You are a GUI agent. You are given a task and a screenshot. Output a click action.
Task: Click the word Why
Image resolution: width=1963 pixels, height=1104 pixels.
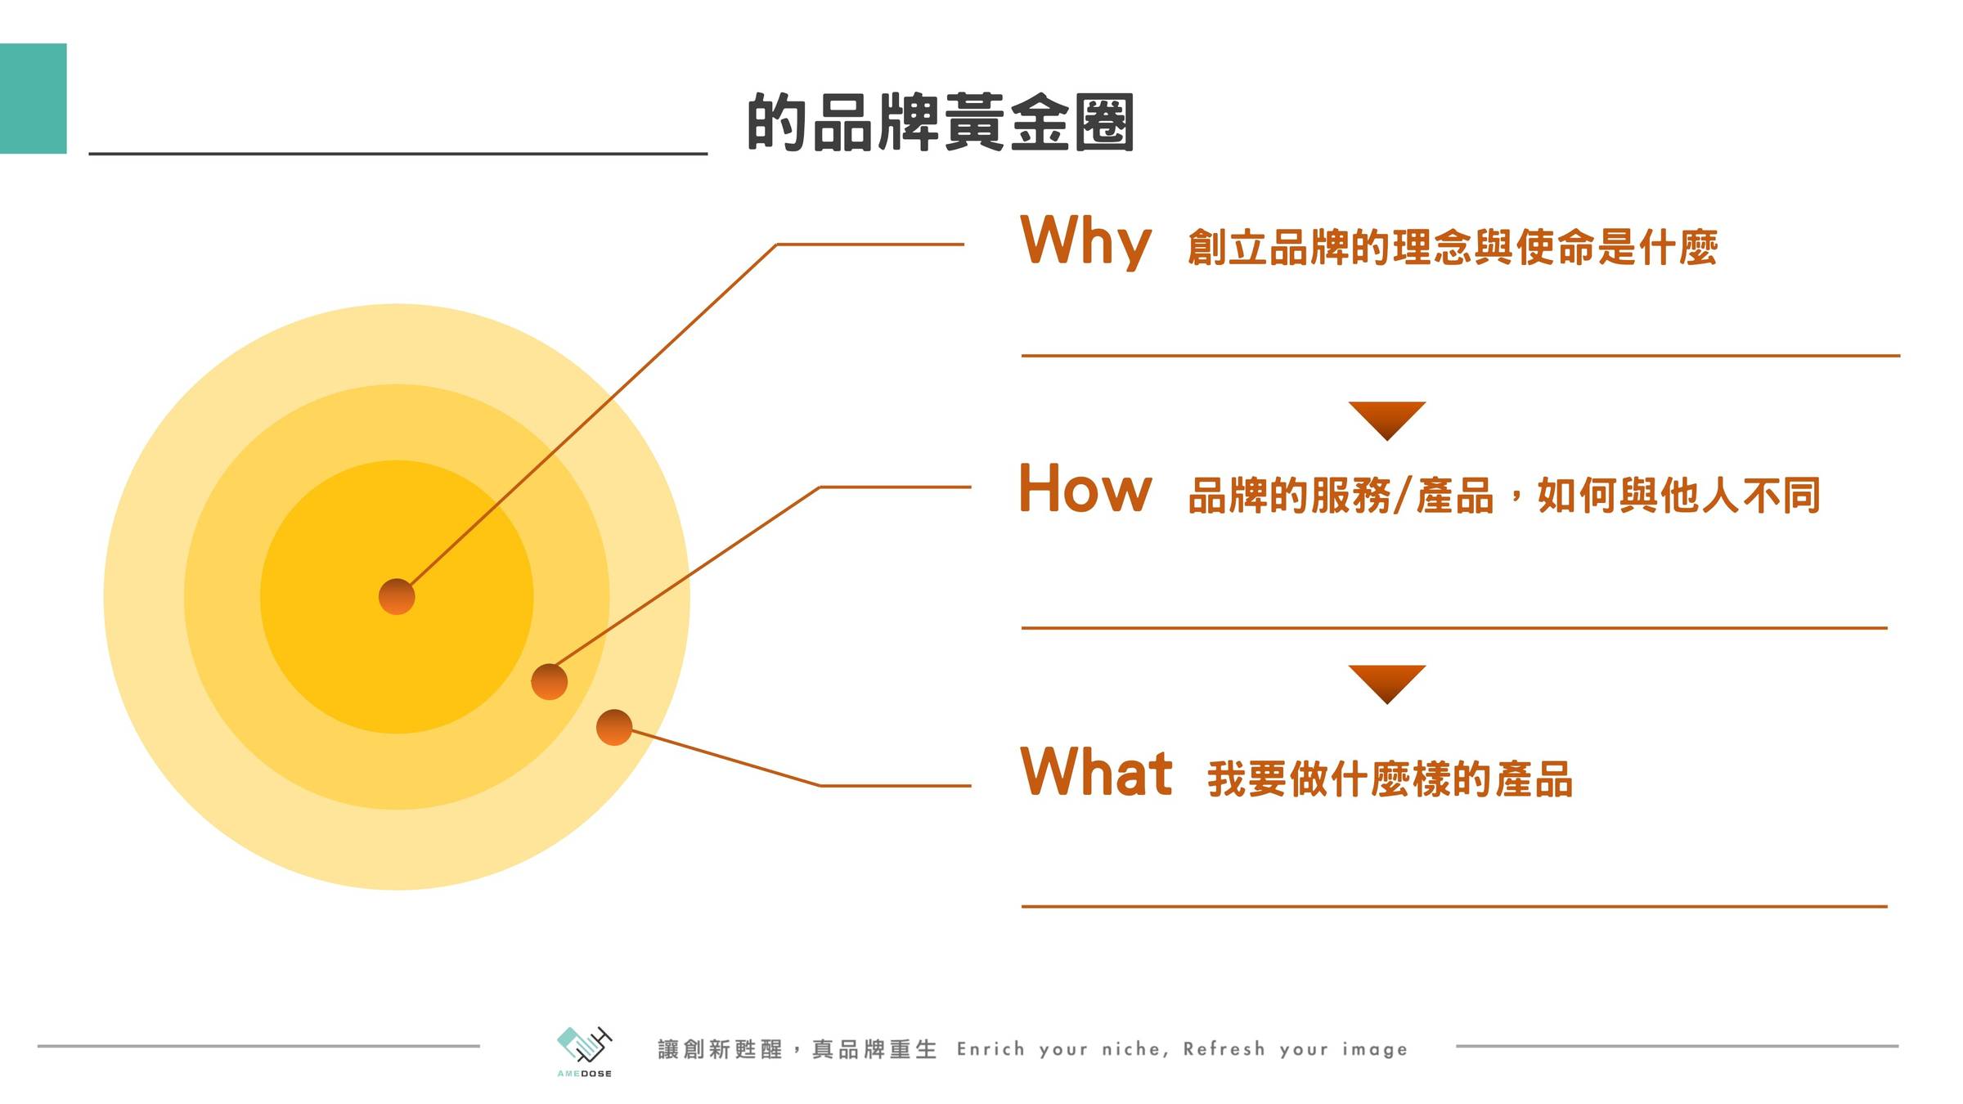[x=1085, y=241]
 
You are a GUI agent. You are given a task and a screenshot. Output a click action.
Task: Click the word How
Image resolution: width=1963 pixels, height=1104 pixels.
[x=1085, y=488]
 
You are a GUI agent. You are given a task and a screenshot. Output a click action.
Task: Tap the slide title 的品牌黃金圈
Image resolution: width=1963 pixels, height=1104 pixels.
[x=941, y=122]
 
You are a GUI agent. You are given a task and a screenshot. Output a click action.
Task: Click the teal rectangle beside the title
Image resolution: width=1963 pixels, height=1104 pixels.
[x=33, y=98]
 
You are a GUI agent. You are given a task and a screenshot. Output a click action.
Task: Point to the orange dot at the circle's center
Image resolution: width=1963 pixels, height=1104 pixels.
[x=397, y=596]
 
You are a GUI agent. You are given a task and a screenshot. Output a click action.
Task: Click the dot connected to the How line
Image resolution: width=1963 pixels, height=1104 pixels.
[x=550, y=681]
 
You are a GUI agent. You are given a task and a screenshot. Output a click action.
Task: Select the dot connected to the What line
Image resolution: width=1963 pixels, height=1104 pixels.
[x=614, y=727]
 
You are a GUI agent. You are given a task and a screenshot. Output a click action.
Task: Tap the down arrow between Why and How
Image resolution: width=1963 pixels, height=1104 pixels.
[x=1387, y=420]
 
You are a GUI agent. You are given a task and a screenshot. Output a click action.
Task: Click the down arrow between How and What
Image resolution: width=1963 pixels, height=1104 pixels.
[x=1387, y=684]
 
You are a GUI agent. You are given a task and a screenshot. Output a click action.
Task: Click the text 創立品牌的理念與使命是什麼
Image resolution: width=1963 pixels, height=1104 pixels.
[x=1453, y=248]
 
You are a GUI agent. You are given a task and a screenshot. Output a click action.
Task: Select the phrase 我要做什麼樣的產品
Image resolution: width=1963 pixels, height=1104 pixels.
[x=1390, y=779]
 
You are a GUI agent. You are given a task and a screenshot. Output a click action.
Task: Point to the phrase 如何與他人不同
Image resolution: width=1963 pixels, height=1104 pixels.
[x=1679, y=496]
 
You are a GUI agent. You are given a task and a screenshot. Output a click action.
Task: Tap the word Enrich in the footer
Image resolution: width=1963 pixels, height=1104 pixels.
[x=990, y=1049]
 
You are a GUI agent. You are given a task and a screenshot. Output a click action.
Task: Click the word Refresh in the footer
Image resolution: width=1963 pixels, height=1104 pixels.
[x=1224, y=1049]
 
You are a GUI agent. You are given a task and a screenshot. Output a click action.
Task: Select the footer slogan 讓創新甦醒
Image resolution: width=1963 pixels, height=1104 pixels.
[x=720, y=1049]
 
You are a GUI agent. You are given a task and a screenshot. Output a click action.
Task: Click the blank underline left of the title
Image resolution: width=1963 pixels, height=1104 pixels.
[x=398, y=153]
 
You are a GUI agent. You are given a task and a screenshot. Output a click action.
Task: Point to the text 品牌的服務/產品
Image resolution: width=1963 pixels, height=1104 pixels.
[x=1341, y=496]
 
